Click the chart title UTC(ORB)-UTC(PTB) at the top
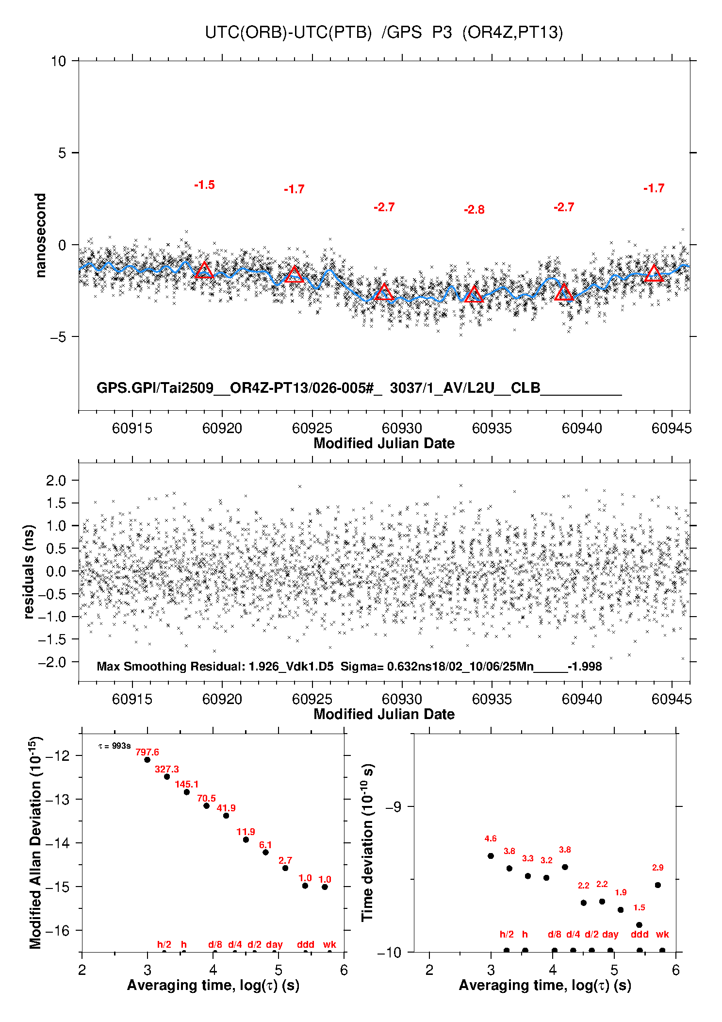[288, 33]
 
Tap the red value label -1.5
[204, 185]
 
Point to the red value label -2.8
[474, 210]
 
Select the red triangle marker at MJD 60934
[474, 294]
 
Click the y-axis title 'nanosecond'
[41, 235]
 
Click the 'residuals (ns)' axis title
[29, 571]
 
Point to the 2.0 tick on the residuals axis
[56, 481]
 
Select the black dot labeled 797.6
[147, 759]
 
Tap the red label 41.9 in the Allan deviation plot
[226, 808]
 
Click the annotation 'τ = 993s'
[115, 746]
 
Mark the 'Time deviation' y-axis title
[367, 843]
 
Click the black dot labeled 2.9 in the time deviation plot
[658, 885]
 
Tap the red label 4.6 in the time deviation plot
[491, 838]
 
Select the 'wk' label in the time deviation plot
[662, 934]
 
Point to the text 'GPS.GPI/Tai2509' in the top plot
[155, 388]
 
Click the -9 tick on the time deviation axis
[393, 806]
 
